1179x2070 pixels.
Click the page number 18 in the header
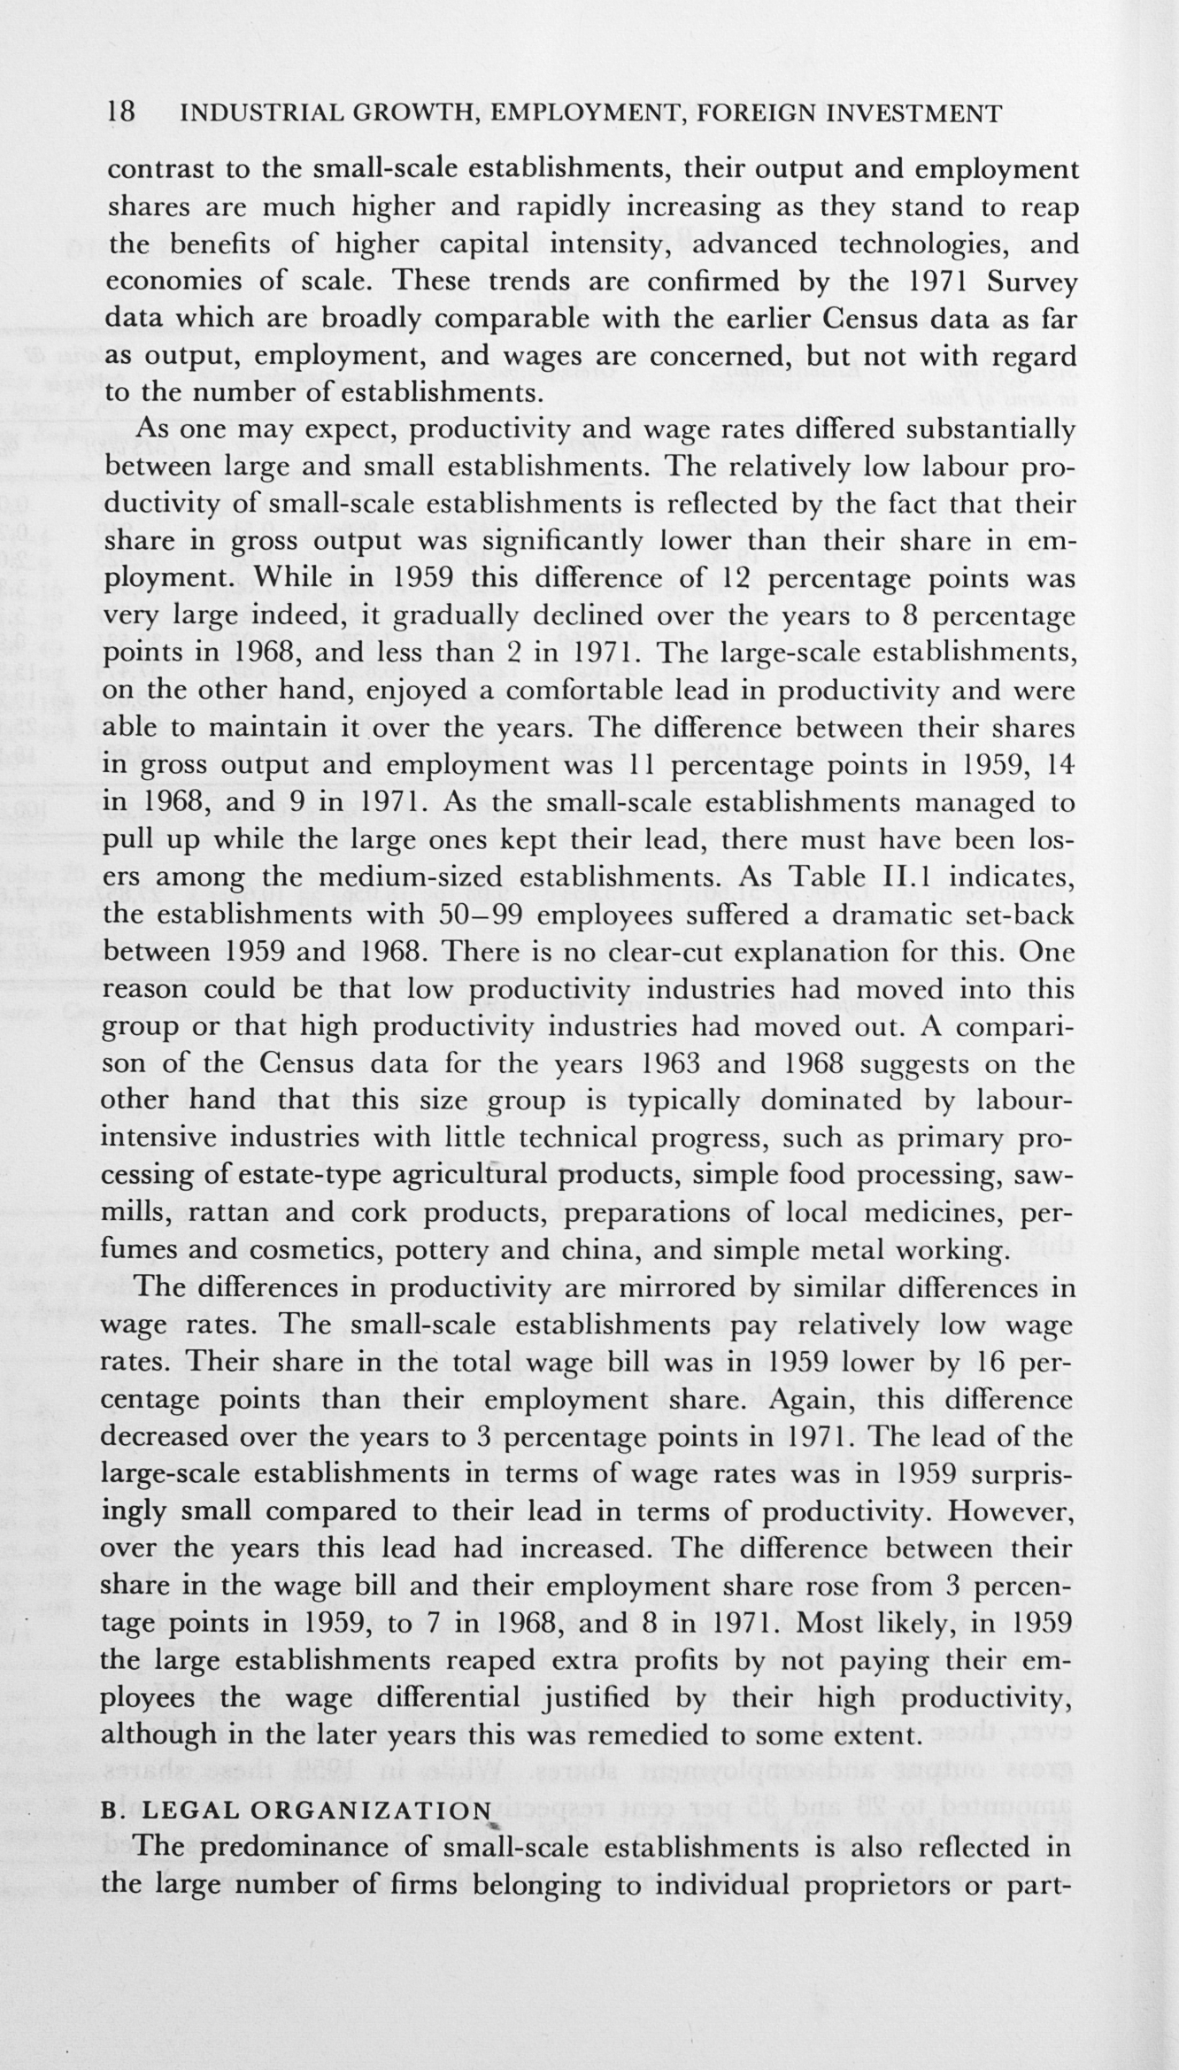point(120,113)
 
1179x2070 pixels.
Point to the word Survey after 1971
point(1032,282)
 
